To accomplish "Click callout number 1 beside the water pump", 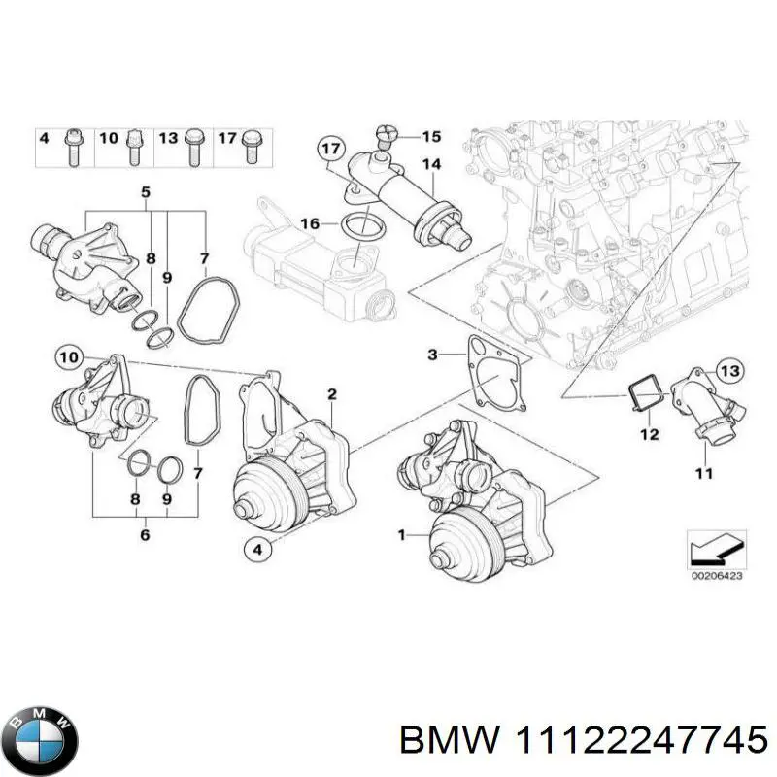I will click(x=403, y=534).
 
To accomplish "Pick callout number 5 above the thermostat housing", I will click(x=146, y=192).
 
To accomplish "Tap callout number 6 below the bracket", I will click(x=145, y=533).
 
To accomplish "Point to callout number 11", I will click(x=704, y=473).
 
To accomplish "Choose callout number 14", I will click(x=430, y=164).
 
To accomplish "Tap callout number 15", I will click(x=430, y=135).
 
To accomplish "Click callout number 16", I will click(x=309, y=223).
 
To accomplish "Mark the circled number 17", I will click(x=331, y=149).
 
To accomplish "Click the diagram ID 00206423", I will click(x=717, y=576).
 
